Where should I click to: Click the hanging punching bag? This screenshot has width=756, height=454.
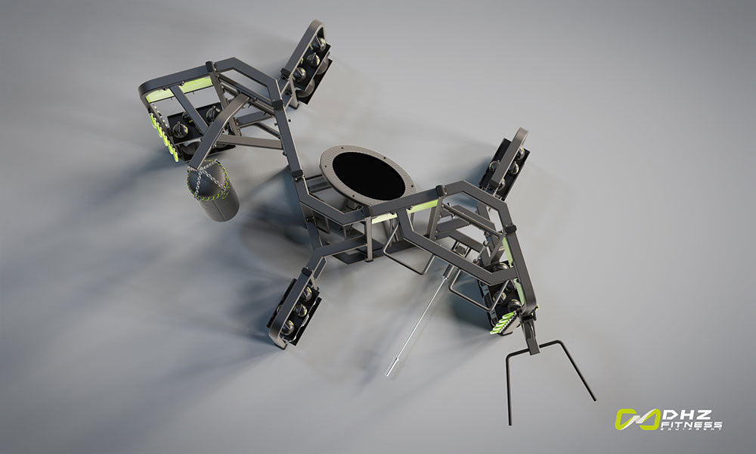coord(212,191)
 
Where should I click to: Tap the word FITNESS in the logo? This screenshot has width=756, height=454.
coord(692,424)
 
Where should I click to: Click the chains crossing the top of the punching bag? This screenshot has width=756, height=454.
coord(208,182)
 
